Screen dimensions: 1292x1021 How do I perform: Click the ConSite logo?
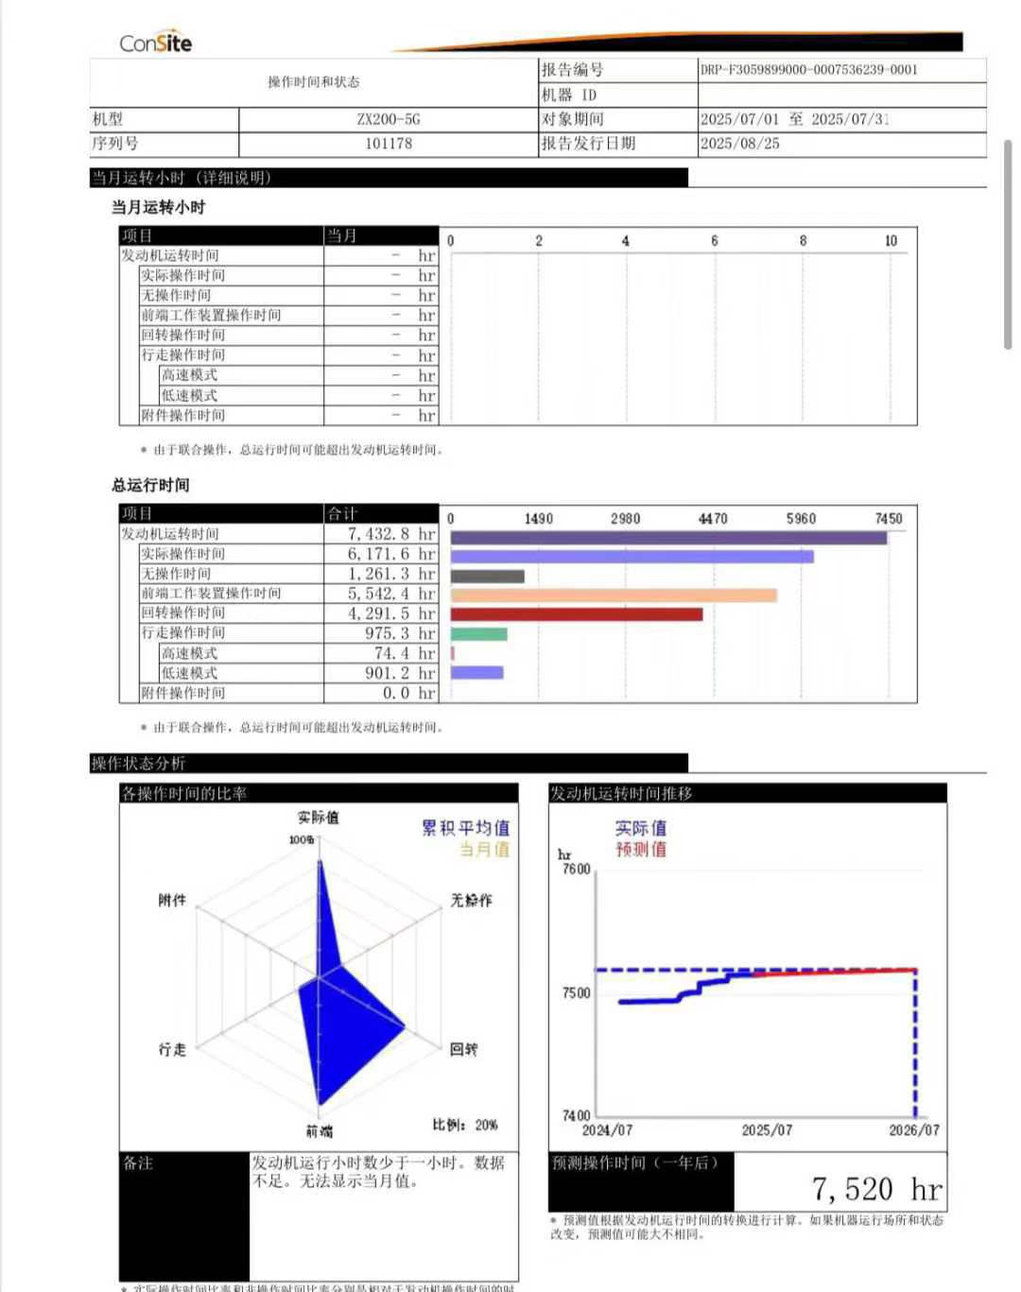pos(155,43)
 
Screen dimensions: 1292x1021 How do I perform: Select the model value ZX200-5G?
pos(388,119)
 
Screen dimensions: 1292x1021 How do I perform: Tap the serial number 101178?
pos(388,144)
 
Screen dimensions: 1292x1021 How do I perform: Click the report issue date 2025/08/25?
pos(739,144)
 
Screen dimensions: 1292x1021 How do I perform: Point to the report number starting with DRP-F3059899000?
pos(808,69)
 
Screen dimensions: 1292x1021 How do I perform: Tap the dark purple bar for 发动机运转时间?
pos(668,538)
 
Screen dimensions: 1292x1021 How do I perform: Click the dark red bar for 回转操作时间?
pos(577,614)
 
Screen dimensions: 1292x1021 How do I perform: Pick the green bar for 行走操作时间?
pos(478,633)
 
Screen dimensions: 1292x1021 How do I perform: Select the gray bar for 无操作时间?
pos(487,577)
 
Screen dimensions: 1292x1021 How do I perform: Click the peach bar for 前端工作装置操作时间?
pos(614,595)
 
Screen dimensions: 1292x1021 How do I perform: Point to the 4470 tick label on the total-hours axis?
pos(713,519)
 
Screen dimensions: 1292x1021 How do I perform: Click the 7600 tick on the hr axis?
pos(576,870)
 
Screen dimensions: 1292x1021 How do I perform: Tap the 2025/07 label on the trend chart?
pos(767,1130)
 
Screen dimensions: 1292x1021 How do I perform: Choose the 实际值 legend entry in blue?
pos(641,828)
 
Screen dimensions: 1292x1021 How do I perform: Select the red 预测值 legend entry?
pos(641,849)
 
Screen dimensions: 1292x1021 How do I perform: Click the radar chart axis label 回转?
pos(463,1049)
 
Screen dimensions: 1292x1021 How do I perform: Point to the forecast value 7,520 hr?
pos(876,1189)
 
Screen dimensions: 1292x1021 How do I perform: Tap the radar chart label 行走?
pos(172,1049)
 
